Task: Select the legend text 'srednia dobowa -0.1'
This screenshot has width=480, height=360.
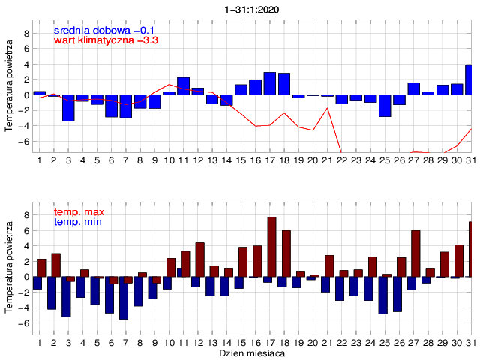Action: pos(104,30)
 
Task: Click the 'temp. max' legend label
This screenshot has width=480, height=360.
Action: pos(78,212)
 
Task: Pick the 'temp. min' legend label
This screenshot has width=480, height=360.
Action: pos(77,222)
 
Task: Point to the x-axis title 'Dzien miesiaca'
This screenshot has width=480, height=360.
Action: pos(251,352)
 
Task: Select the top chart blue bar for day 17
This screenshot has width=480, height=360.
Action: pos(270,84)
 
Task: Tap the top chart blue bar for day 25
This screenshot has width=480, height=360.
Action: pos(385,106)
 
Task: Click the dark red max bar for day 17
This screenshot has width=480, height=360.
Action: pos(271,247)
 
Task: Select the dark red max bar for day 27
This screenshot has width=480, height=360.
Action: pos(415,253)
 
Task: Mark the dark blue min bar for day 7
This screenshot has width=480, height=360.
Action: pos(124,298)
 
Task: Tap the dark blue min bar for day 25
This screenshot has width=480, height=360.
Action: pos(382,295)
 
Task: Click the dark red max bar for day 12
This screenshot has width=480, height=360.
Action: pos(200,259)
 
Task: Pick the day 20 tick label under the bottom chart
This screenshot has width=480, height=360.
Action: pos(313,342)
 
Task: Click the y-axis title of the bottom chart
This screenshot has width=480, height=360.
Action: pos(9,266)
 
